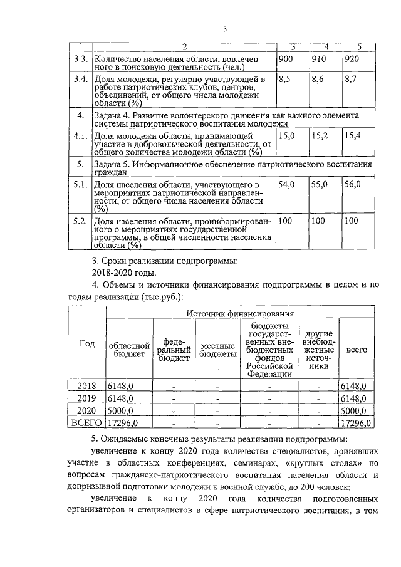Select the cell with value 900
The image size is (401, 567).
[x=286, y=58]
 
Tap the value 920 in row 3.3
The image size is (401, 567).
[x=352, y=58]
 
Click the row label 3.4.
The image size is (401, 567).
[x=80, y=80]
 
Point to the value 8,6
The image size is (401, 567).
[x=319, y=80]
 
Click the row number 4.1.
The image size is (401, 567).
[x=80, y=135]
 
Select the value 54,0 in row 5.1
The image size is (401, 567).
[x=287, y=186]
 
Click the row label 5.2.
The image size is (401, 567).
[x=80, y=221]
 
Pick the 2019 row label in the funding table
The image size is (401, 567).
[x=86, y=398]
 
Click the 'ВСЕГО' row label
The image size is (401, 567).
[x=86, y=424]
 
